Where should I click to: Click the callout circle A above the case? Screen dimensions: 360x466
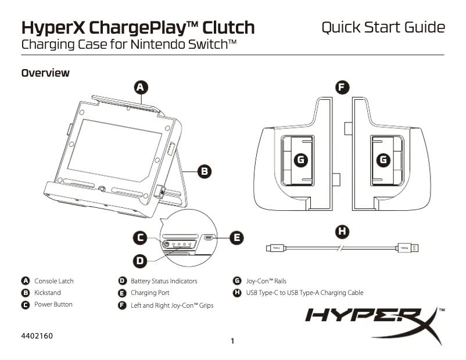pos(140,88)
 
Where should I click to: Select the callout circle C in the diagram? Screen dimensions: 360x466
pos(140,237)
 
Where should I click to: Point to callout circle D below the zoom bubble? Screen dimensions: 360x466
pos(140,261)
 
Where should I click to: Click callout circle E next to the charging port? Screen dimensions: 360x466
pos(236,237)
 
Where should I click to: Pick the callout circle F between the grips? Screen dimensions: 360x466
pos(343,88)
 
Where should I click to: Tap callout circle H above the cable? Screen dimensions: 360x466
pos(343,231)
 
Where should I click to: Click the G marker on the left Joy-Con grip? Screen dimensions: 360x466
pos(300,159)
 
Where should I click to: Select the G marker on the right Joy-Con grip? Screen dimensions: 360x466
pos(383,159)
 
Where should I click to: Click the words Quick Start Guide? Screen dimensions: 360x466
pos(383,27)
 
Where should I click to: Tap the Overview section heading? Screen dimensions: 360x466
pos(45,73)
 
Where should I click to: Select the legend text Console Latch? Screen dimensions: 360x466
pos(53,281)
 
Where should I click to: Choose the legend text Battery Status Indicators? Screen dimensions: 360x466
pos(164,281)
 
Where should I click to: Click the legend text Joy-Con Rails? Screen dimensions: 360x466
pos(266,281)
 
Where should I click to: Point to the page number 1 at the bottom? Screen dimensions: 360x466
pos(232,341)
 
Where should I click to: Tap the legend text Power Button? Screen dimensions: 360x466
pos(53,304)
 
